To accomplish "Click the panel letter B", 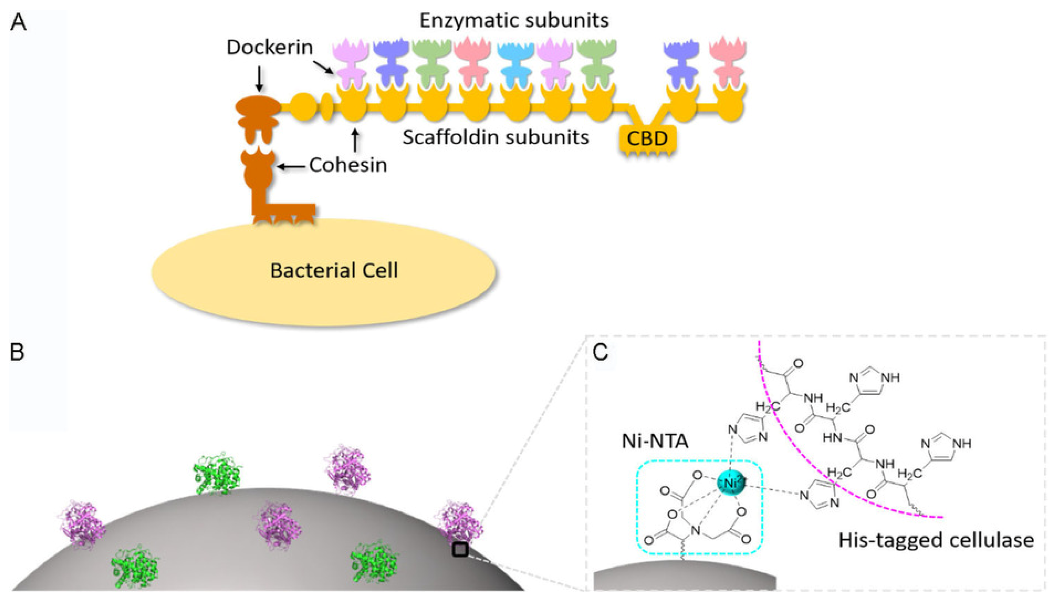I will coord(17,353).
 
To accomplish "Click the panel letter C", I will coord(600,352).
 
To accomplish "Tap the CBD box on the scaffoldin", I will coord(647,139).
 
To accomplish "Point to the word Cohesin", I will coord(348,165).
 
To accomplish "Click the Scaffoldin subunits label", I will coord(495,137).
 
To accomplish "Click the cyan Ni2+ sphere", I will coord(731,483).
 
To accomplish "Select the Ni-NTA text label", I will coord(655,441).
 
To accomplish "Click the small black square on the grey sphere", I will coord(460,549).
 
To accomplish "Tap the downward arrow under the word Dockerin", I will coord(259,78).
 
